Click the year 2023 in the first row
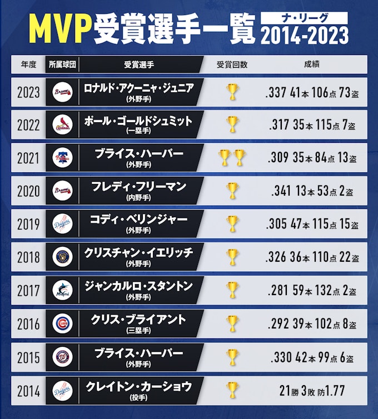pyautogui.click(x=29, y=92)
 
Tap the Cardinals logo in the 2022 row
pyautogui.click(x=62, y=124)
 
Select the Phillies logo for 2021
pyautogui.click(x=62, y=158)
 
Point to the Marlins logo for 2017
pyautogui.click(x=62, y=290)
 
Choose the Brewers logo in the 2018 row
pyautogui.click(x=62, y=257)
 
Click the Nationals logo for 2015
pyautogui.click(x=62, y=356)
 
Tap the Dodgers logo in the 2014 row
pyautogui.click(x=62, y=390)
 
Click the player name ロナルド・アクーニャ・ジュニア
pyautogui.click(x=138, y=87)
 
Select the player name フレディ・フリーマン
pyautogui.click(x=138, y=187)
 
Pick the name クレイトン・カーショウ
pyautogui.click(x=138, y=385)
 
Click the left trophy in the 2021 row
pyautogui.click(x=226, y=158)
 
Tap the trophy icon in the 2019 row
pyautogui.click(x=232, y=224)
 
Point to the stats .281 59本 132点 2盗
pyautogui.click(x=312, y=291)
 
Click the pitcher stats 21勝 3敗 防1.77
pyautogui.click(x=312, y=390)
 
